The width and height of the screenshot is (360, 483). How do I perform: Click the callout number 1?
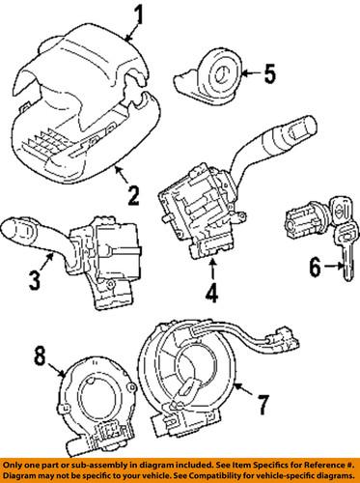click(x=140, y=14)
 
